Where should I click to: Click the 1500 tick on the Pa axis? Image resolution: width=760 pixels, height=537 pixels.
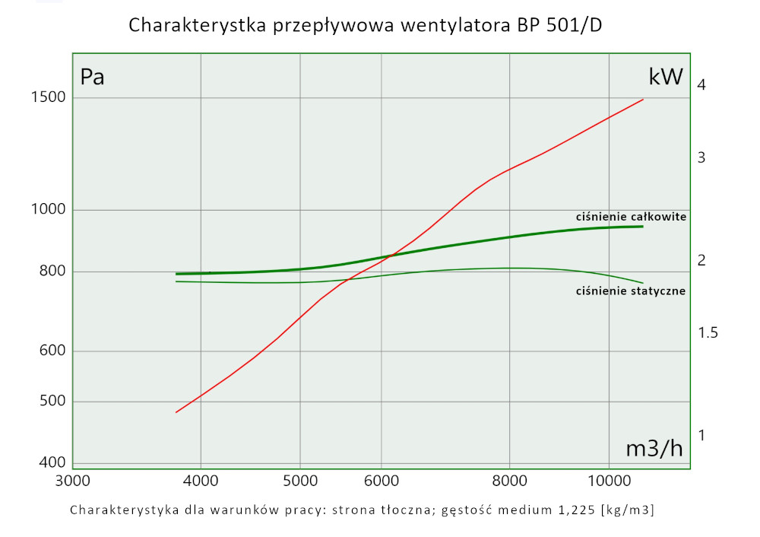pyautogui.click(x=47, y=97)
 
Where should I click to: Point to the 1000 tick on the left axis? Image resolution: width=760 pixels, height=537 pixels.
pyautogui.click(x=47, y=210)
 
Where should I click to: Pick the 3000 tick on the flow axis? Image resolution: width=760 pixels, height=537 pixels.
pyautogui.click(x=74, y=481)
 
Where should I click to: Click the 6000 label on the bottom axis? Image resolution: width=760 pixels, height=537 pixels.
pyautogui.click(x=382, y=481)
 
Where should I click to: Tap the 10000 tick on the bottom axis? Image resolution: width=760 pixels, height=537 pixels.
pyautogui.click(x=609, y=481)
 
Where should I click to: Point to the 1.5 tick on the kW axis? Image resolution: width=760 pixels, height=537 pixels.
pyautogui.click(x=708, y=333)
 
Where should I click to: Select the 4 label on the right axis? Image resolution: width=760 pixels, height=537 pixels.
pyautogui.click(x=702, y=85)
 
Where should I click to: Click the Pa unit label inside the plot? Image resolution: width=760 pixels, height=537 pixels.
pyautogui.click(x=92, y=77)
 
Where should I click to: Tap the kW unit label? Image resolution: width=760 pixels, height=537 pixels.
pyautogui.click(x=666, y=77)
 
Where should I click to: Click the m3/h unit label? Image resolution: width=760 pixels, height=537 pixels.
pyautogui.click(x=654, y=449)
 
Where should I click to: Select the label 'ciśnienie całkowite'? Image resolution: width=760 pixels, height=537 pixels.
pyautogui.click(x=631, y=217)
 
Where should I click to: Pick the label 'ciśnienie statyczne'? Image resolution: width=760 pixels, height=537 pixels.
pyautogui.click(x=631, y=291)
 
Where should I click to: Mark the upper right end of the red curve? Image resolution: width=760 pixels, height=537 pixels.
pyautogui.click(x=644, y=99)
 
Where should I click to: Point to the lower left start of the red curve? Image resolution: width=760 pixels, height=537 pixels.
pyautogui.click(x=176, y=412)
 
